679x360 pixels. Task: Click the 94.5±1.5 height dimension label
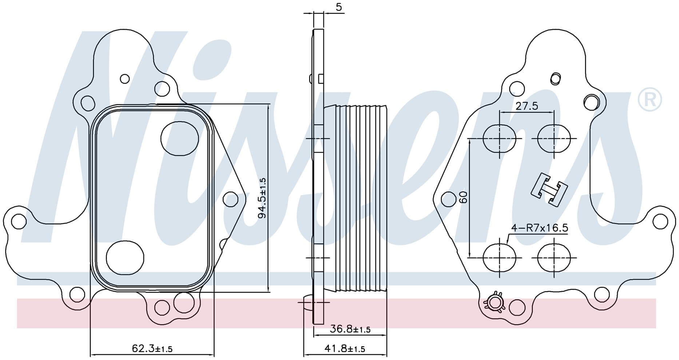pyautogui.click(x=262, y=198)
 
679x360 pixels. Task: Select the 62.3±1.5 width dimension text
pyautogui.click(x=152, y=349)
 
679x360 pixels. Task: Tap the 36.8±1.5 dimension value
pyautogui.click(x=350, y=329)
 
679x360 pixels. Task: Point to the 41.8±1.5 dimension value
pyautogui.click(x=345, y=349)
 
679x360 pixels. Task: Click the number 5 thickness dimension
pyautogui.click(x=339, y=7)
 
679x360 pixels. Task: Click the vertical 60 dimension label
pyautogui.click(x=463, y=197)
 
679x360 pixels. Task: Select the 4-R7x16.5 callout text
pyautogui.click(x=540, y=228)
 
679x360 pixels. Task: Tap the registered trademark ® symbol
pyautogui.click(x=650, y=98)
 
